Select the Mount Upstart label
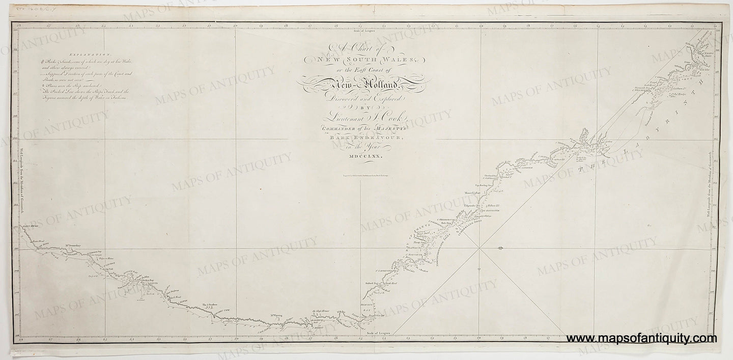473,193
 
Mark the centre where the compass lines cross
479,248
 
